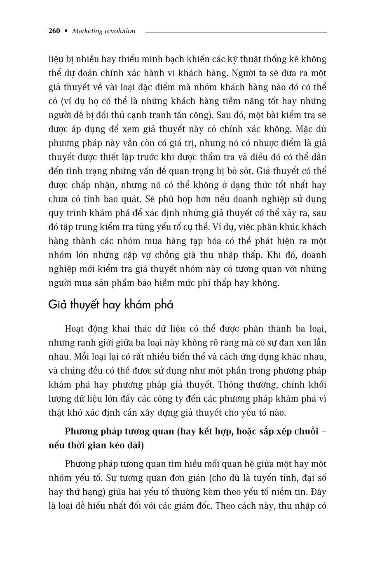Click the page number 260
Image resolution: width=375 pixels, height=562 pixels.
[x=54, y=31]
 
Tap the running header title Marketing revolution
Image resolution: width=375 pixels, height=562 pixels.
[x=103, y=31]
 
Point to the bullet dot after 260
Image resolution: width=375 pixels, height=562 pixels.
[x=66, y=31]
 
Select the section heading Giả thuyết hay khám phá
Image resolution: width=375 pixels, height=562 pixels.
[x=110, y=305]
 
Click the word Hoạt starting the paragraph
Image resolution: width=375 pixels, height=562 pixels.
[x=75, y=329]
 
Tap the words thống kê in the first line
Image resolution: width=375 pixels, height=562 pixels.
[x=272, y=59]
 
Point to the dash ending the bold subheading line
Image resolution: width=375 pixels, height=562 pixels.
[x=324, y=432]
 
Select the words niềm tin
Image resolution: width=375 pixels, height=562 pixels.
[x=291, y=492]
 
